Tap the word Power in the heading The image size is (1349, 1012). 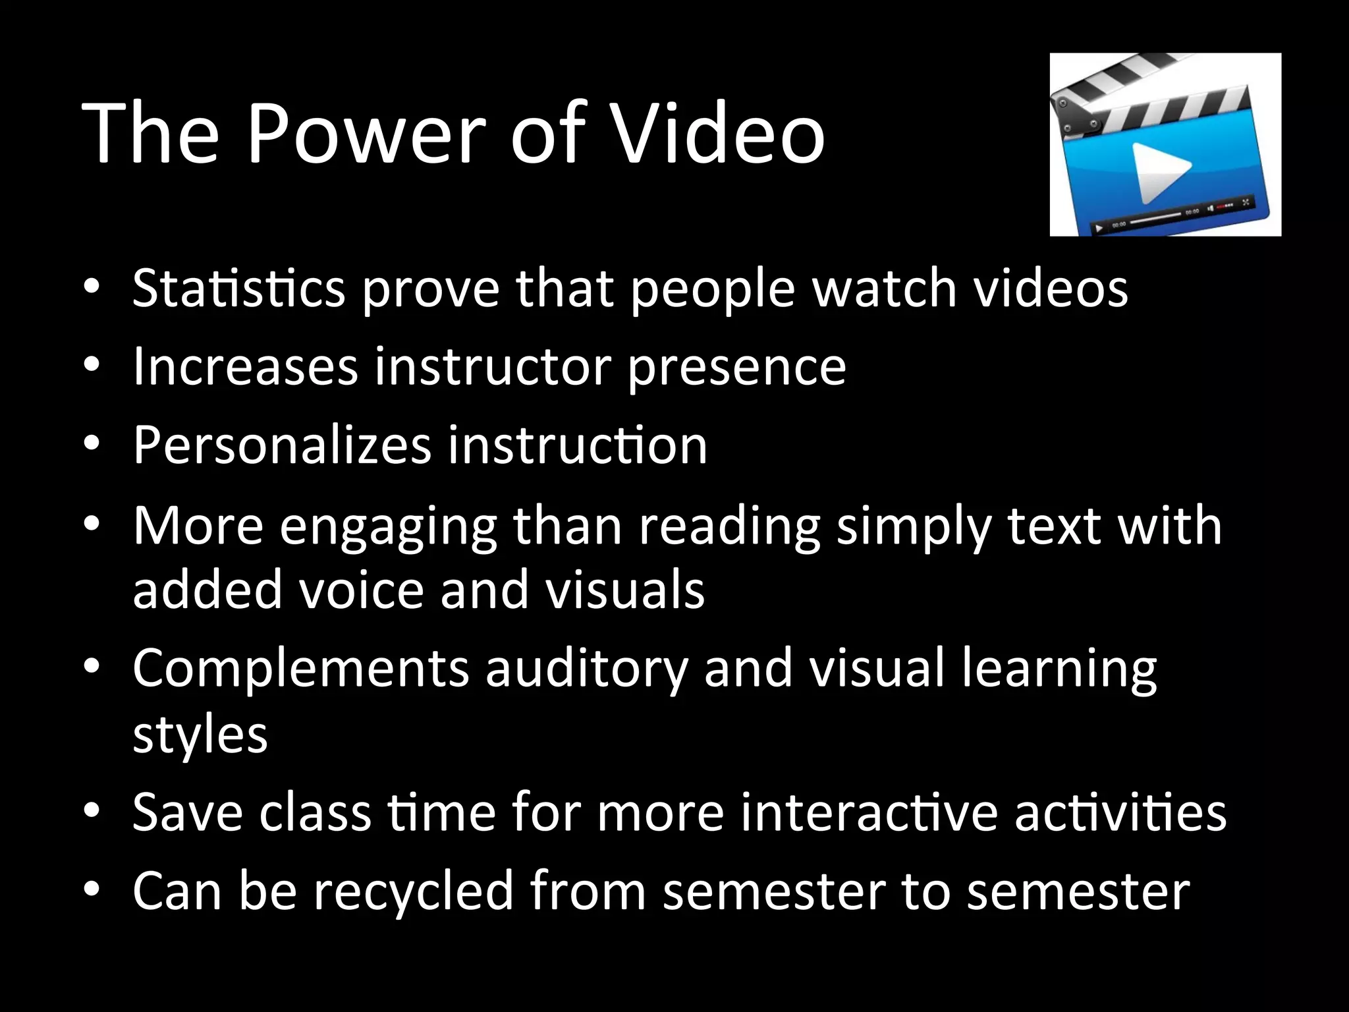coord(366,134)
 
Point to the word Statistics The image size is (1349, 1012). coord(238,289)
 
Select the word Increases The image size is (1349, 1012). coord(245,366)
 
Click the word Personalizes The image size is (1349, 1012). coord(282,445)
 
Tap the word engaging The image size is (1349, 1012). coord(388,527)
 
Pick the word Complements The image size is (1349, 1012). coord(300,669)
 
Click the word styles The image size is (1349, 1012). coord(200,735)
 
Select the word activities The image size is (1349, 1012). coord(1120,813)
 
